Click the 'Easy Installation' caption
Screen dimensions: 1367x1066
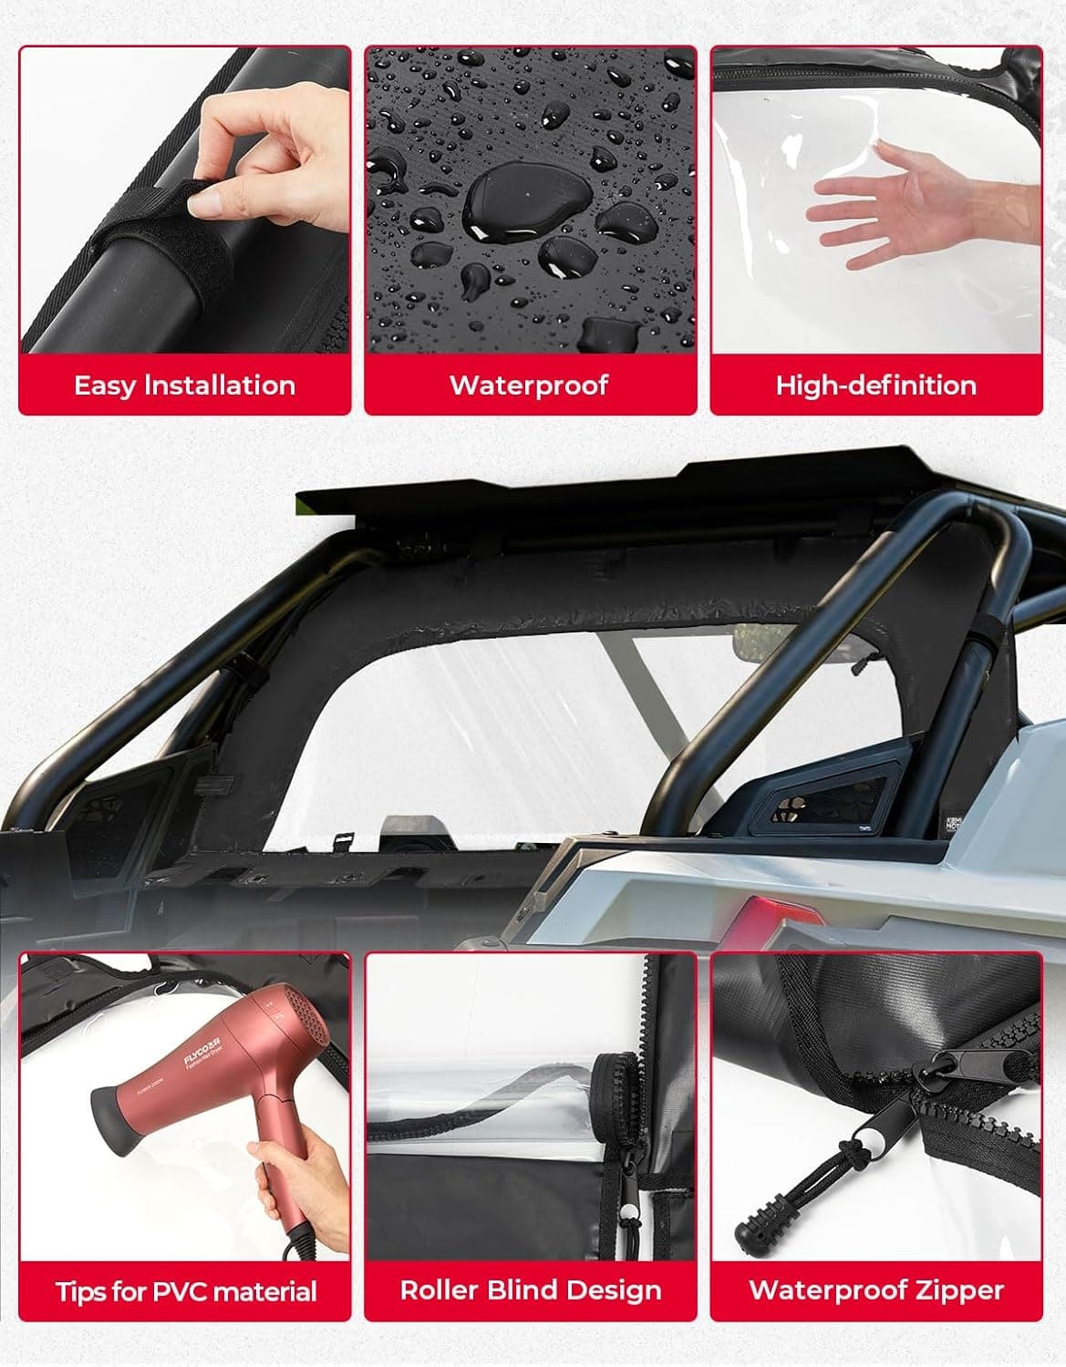click(184, 385)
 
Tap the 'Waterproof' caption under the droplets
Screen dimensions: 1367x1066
click(529, 385)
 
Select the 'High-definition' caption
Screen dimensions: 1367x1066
click(875, 385)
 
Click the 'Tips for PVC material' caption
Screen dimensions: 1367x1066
click(186, 1290)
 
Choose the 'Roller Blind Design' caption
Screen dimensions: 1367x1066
click(530, 1290)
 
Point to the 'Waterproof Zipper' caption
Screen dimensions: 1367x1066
click(875, 1290)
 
